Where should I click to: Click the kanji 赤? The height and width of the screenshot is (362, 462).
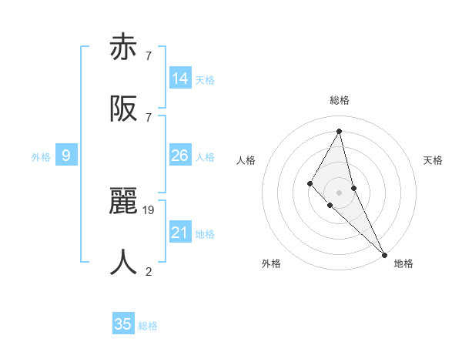click(x=124, y=49)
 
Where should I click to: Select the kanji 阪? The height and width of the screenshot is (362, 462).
click(x=124, y=109)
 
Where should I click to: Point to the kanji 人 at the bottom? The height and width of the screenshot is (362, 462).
click(x=124, y=263)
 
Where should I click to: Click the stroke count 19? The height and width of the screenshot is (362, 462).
click(x=149, y=209)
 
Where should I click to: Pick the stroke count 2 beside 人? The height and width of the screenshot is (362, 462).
click(x=149, y=270)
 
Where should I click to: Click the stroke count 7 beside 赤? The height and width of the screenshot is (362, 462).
click(x=149, y=55)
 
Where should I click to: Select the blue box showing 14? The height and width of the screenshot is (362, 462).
click(x=180, y=79)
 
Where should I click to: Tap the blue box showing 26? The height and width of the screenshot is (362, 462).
click(x=180, y=156)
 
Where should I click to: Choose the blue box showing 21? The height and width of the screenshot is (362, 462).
click(x=180, y=233)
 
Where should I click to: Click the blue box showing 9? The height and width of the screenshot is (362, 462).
click(x=66, y=156)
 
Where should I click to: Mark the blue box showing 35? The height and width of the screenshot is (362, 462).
click(x=123, y=324)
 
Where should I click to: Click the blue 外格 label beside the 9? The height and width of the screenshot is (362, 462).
click(x=41, y=157)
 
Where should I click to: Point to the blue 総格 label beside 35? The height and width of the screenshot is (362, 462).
click(x=148, y=326)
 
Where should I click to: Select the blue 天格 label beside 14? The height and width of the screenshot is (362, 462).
click(x=205, y=80)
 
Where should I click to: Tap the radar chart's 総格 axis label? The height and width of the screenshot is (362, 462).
click(x=340, y=100)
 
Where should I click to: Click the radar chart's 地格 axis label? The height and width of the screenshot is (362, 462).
click(x=403, y=263)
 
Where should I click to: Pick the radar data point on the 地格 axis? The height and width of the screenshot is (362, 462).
click(x=384, y=253)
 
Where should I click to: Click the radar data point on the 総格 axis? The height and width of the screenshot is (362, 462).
click(x=339, y=131)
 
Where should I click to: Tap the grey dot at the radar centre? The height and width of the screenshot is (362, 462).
click(x=339, y=192)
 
